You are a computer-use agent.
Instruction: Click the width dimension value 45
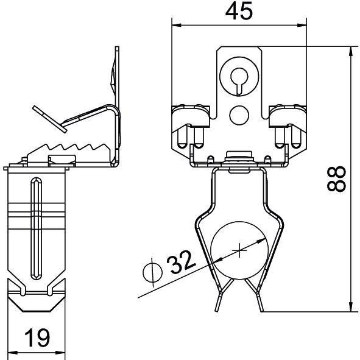239,12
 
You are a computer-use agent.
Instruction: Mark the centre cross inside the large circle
241,249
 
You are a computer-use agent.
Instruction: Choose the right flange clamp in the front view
285,122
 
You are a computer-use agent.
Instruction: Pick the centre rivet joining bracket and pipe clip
238,157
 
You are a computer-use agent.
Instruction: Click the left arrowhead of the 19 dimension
11,351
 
